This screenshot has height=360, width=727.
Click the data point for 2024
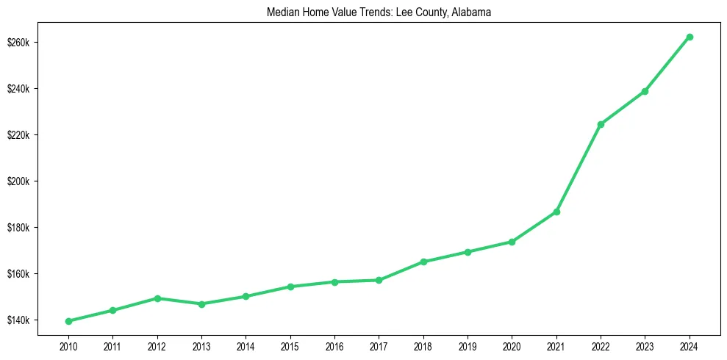(x=690, y=37)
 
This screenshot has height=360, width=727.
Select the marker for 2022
(x=601, y=124)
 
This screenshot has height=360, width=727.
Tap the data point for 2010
(x=68, y=321)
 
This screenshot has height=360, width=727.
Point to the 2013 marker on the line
(x=201, y=304)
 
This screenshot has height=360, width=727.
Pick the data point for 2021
(x=556, y=212)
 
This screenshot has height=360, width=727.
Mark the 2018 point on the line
(x=423, y=262)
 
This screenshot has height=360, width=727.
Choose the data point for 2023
(x=645, y=91)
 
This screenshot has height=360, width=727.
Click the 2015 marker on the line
(x=290, y=287)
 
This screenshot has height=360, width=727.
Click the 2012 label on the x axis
(x=157, y=346)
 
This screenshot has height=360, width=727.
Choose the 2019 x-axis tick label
(x=468, y=346)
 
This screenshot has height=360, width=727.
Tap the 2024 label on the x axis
(x=690, y=346)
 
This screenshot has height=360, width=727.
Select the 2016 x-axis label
(x=334, y=346)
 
